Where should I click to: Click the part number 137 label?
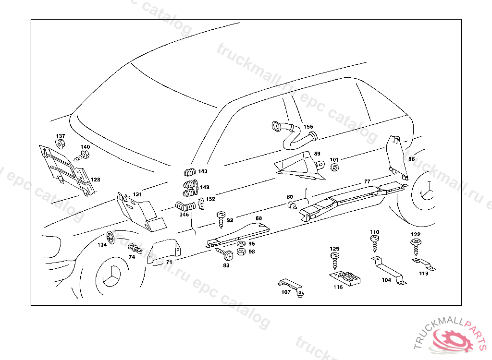(x=61, y=136)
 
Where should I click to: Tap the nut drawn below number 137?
(x=60, y=144)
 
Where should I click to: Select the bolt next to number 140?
(x=83, y=155)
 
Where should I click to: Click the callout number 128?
(x=96, y=180)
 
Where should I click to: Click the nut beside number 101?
(x=335, y=168)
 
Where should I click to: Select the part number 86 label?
(x=411, y=159)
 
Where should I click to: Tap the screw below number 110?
(x=375, y=244)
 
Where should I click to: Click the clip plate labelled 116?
(x=346, y=278)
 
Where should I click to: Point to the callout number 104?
(x=386, y=280)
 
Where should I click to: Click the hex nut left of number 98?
(x=242, y=252)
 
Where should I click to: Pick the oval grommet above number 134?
(x=110, y=237)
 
